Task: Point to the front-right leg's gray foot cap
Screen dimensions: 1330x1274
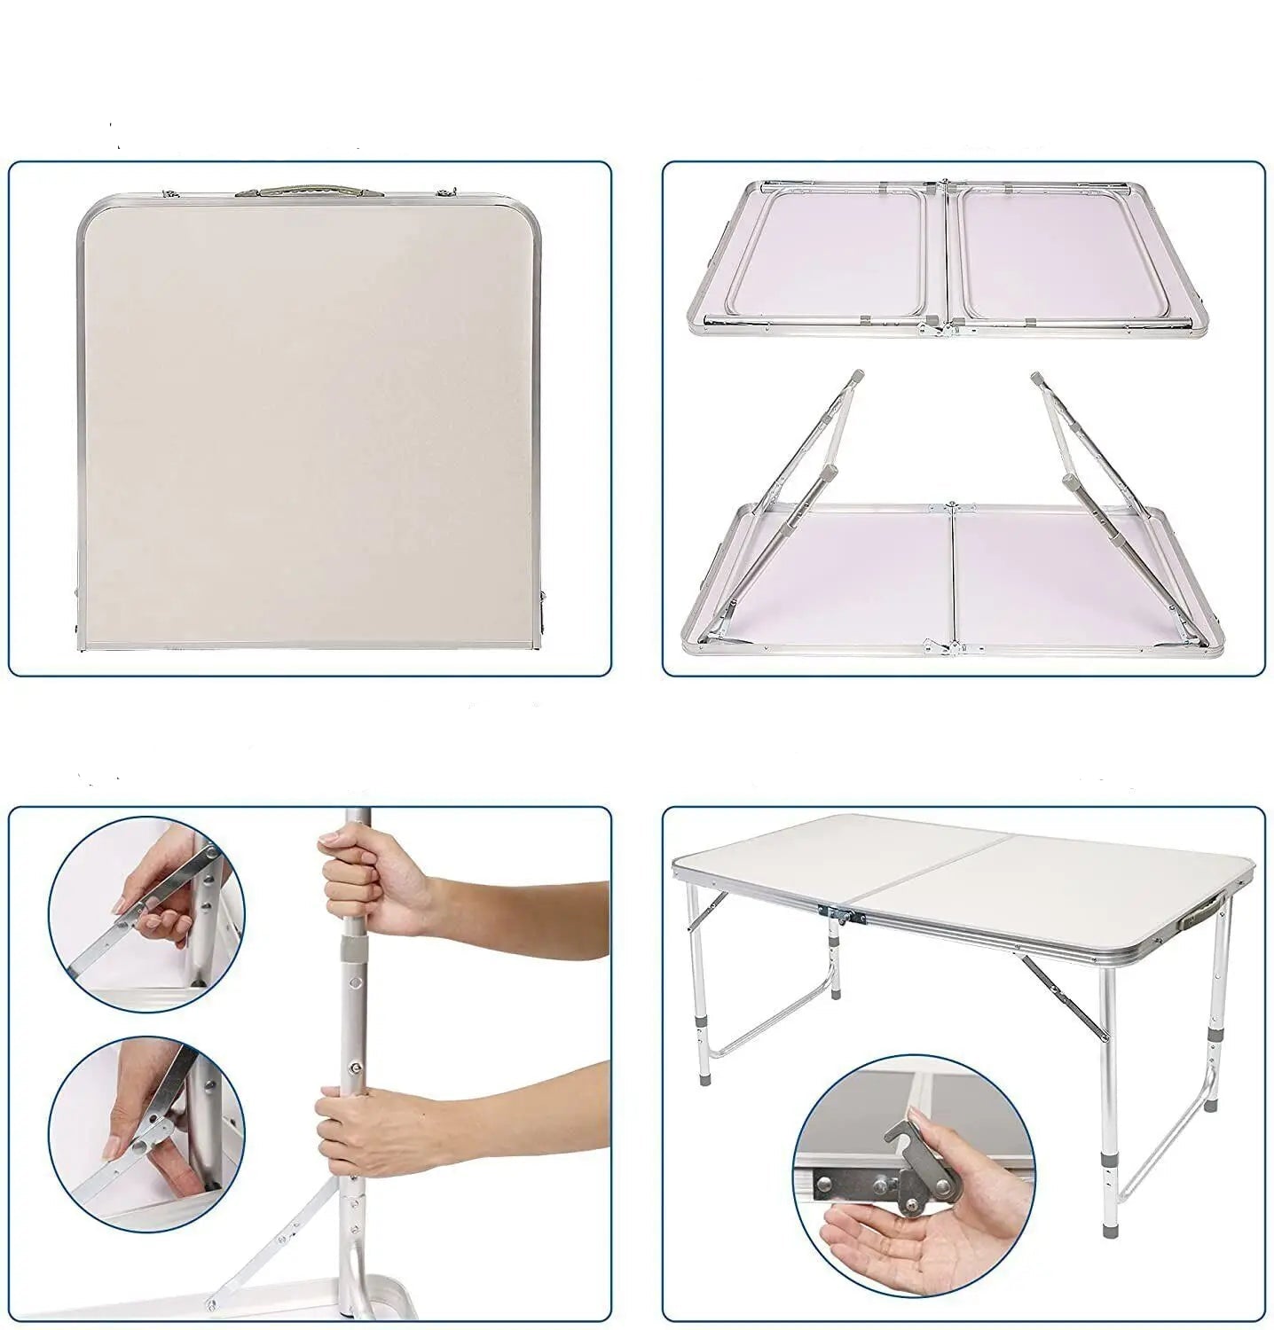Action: coord(1109,1232)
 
